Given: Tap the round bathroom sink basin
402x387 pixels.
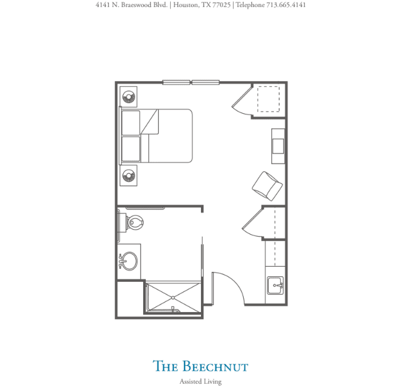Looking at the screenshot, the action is click(x=129, y=261).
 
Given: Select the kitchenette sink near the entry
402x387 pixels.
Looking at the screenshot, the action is click(x=275, y=285).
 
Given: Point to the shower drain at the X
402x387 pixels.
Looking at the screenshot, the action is click(x=173, y=298).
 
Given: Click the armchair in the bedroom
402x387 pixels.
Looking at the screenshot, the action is click(x=268, y=186).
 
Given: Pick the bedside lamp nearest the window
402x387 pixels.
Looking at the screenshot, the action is click(x=128, y=97).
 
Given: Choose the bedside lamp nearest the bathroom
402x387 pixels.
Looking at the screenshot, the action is click(x=128, y=176).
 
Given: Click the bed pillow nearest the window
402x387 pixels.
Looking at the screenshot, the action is click(x=131, y=123).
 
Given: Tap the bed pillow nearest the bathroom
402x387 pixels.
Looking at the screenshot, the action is click(x=131, y=149).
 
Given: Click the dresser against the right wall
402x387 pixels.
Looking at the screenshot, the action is click(x=278, y=146).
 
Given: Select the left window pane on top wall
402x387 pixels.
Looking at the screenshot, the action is click(x=177, y=82).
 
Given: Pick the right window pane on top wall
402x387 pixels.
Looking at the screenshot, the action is click(x=205, y=82).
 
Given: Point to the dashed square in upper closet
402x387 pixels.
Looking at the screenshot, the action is click(x=268, y=99).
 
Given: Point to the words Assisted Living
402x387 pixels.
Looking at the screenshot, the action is click(x=200, y=381).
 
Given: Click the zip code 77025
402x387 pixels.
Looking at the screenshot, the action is click(x=222, y=5).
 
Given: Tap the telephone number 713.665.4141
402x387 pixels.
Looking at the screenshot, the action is click(x=286, y=5).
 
